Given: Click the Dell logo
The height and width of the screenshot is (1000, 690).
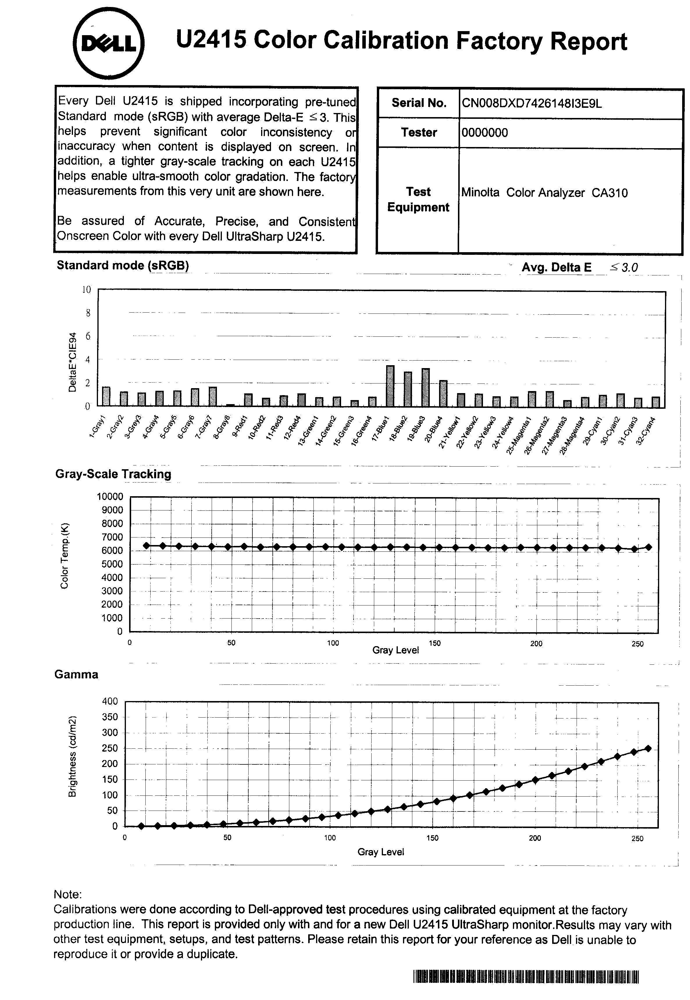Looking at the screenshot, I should [x=108, y=44].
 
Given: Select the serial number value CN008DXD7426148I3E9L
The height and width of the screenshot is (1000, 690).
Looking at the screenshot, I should [x=531, y=103].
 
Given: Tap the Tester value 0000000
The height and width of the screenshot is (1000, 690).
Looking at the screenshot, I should [x=485, y=132].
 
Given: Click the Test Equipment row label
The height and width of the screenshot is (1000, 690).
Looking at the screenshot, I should [x=418, y=200].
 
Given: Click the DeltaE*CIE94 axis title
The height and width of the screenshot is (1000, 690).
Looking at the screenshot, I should [x=73, y=362].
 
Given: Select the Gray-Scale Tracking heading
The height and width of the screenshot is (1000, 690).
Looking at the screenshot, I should [x=113, y=474].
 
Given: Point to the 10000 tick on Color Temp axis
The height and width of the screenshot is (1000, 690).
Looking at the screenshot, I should [x=110, y=496].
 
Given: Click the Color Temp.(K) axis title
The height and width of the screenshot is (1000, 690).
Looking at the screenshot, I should [x=65, y=556].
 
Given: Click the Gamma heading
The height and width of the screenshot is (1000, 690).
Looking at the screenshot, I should [x=76, y=674].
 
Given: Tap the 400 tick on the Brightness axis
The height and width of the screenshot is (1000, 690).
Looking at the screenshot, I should [x=110, y=701].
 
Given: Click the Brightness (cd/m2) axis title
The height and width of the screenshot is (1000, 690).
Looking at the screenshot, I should [x=73, y=756].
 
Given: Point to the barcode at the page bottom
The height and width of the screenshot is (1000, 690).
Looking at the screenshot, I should [x=526, y=977].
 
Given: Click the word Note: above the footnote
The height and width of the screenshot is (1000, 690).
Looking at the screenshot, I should [x=67, y=894].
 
